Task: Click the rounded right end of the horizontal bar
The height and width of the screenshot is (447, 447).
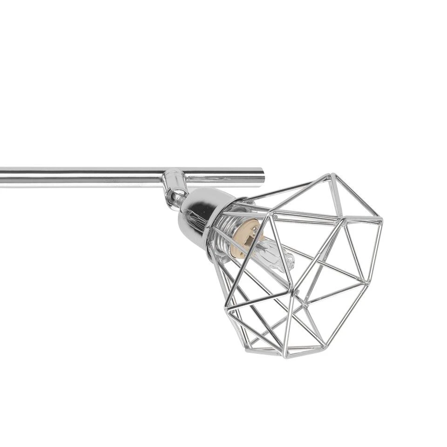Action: pyautogui.click(x=262, y=177)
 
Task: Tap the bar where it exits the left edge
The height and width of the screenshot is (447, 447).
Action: pyautogui.click(x=2, y=177)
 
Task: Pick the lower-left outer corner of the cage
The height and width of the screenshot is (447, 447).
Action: pyautogui.click(x=226, y=308)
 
